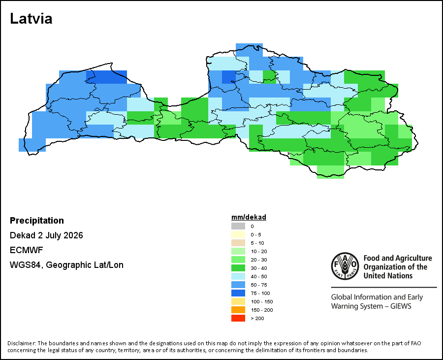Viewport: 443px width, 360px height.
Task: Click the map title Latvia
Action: [x=31, y=19]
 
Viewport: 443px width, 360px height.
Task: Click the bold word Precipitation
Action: [x=37, y=221]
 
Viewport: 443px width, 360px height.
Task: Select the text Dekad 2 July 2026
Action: [x=46, y=235]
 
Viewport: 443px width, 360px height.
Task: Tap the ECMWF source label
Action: [x=26, y=250]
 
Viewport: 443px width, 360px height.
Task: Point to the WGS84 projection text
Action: [x=66, y=265]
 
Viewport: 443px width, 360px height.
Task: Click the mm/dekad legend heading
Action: [x=249, y=217]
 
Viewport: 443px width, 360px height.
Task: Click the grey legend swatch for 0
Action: [x=238, y=226]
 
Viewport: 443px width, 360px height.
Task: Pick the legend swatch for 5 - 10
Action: [x=238, y=243]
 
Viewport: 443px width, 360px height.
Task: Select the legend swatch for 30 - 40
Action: [x=238, y=268]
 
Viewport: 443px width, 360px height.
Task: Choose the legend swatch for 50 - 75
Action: [x=238, y=285]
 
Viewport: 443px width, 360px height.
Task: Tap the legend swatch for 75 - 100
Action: [x=238, y=293]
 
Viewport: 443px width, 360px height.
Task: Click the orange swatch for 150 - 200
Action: [x=238, y=310]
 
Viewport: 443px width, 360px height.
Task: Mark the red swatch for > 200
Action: [x=238, y=318]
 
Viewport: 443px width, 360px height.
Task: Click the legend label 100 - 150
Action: [x=262, y=301]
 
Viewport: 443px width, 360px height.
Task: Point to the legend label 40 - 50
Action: [x=258, y=276]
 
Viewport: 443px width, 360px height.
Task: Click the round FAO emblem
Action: [x=345, y=266]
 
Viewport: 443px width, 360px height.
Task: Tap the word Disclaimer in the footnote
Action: [x=22, y=343]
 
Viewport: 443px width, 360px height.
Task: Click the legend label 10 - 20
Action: [x=258, y=251]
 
